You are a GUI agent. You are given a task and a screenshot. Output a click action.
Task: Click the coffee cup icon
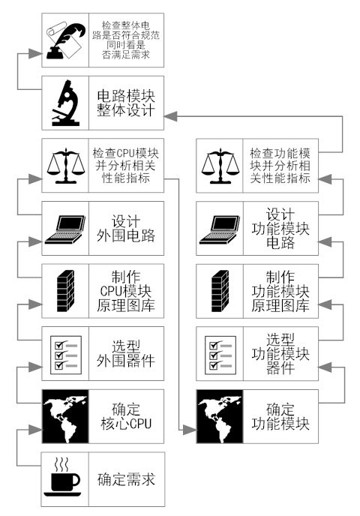[x=65, y=478]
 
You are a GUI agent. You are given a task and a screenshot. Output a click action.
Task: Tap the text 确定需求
[x=127, y=478]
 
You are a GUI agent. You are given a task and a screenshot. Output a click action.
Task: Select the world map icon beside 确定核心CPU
[x=65, y=415]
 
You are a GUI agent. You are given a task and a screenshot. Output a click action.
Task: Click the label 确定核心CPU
[x=127, y=415]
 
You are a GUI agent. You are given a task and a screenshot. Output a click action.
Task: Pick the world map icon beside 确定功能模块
[x=220, y=415]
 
